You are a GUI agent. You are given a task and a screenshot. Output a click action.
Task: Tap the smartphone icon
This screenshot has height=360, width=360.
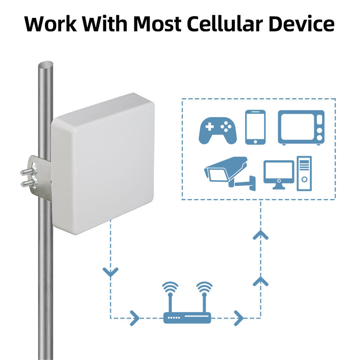click(x=255, y=127)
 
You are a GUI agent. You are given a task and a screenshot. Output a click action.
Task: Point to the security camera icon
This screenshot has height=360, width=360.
click(x=229, y=172)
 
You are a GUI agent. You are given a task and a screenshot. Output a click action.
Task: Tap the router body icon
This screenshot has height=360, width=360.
click(x=187, y=318)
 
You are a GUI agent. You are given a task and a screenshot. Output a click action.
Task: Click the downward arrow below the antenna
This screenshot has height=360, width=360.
click(x=110, y=272)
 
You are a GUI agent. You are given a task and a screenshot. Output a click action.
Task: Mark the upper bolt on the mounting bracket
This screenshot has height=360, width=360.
click(x=28, y=172)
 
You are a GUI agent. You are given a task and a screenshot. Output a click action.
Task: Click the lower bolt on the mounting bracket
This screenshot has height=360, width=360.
click(x=28, y=183)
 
